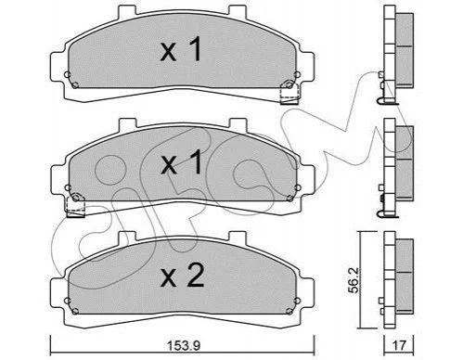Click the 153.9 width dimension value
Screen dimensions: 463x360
(x=184, y=345)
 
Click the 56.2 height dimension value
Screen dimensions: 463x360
(x=354, y=280)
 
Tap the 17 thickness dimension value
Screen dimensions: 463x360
(x=399, y=344)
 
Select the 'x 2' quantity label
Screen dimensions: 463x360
(x=183, y=276)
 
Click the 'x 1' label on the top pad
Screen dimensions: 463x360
(x=181, y=49)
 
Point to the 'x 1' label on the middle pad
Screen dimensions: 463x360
(x=181, y=162)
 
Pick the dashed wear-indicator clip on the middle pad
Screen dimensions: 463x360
(x=76, y=205)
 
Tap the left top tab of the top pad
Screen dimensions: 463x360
(x=127, y=12)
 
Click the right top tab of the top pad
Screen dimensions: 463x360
(x=238, y=11)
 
